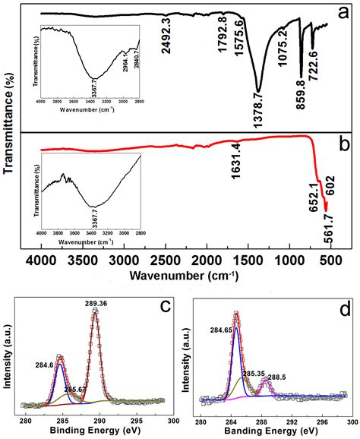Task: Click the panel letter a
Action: [x=343, y=14]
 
